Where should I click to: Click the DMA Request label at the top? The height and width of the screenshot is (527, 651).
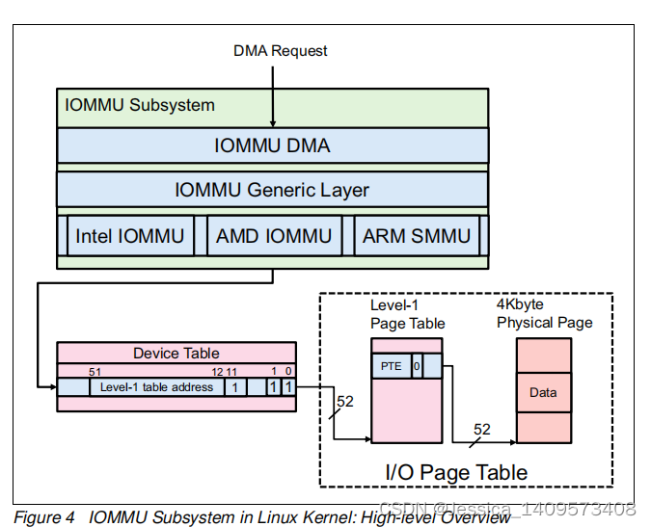click(x=281, y=50)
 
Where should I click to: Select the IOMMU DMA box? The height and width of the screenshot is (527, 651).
click(x=272, y=145)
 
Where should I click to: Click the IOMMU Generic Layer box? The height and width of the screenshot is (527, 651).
click(x=272, y=190)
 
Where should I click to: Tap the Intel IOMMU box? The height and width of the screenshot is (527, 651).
click(x=129, y=236)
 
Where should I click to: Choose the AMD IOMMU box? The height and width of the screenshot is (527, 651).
click(x=274, y=236)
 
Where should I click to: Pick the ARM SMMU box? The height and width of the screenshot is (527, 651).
click(x=417, y=236)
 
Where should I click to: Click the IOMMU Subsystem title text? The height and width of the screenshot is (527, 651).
click(x=140, y=104)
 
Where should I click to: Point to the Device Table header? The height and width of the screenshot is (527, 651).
click(x=176, y=353)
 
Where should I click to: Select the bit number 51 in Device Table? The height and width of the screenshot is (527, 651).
click(x=95, y=371)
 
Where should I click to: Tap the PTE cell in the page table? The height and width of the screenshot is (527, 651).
click(x=391, y=366)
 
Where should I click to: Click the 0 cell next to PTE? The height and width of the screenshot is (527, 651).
click(x=417, y=366)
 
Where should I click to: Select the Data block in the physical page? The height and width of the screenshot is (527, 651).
click(x=543, y=393)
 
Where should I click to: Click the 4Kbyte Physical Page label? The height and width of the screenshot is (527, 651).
click(x=544, y=314)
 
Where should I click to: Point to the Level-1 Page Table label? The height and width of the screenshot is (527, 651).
click(x=407, y=314)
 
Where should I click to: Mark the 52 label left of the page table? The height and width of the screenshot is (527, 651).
click(x=345, y=401)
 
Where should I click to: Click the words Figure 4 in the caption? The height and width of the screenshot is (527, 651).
click(x=44, y=517)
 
